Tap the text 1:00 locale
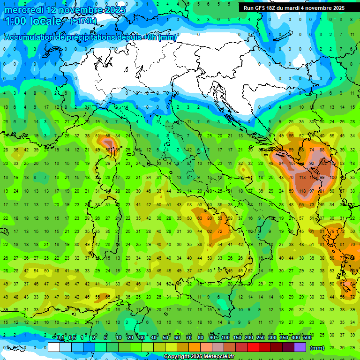pos(33,21)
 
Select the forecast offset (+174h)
pos(83,21)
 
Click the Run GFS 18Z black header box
pos(294,8)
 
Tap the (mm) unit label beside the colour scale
pos(317,347)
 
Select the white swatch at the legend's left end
pos(54,347)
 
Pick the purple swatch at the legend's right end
pos(300,347)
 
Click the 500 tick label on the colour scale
pos(307,338)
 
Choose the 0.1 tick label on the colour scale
pos(60,338)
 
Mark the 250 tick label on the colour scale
pos(260,338)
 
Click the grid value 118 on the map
pos(301,191)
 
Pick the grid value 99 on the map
pos(322,178)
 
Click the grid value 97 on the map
pos(312,191)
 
